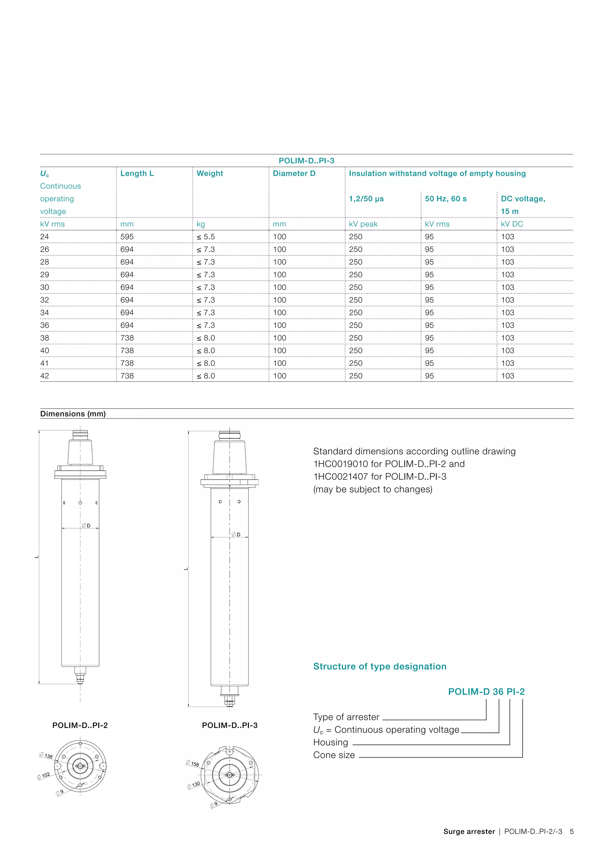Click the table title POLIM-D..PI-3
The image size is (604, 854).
tap(306, 161)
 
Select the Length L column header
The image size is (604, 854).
tap(137, 173)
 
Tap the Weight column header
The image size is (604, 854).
tap(210, 173)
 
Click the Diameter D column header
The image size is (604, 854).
tap(294, 173)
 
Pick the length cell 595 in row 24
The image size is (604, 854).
tap(127, 237)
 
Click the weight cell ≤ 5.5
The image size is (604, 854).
tap(206, 237)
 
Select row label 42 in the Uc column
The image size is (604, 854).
tap(45, 376)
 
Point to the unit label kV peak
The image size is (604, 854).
tap(363, 224)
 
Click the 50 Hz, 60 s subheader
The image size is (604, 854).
tap(446, 199)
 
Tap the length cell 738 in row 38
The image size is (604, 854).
tap(127, 338)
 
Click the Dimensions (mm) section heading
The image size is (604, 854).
tap(73, 414)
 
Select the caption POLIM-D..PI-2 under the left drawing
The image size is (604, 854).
tap(80, 725)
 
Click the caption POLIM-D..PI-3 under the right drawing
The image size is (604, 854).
tap(229, 725)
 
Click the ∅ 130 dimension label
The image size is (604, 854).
tap(194, 785)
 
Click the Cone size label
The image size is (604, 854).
tap(334, 755)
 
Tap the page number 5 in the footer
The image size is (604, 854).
tap(571, 831)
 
